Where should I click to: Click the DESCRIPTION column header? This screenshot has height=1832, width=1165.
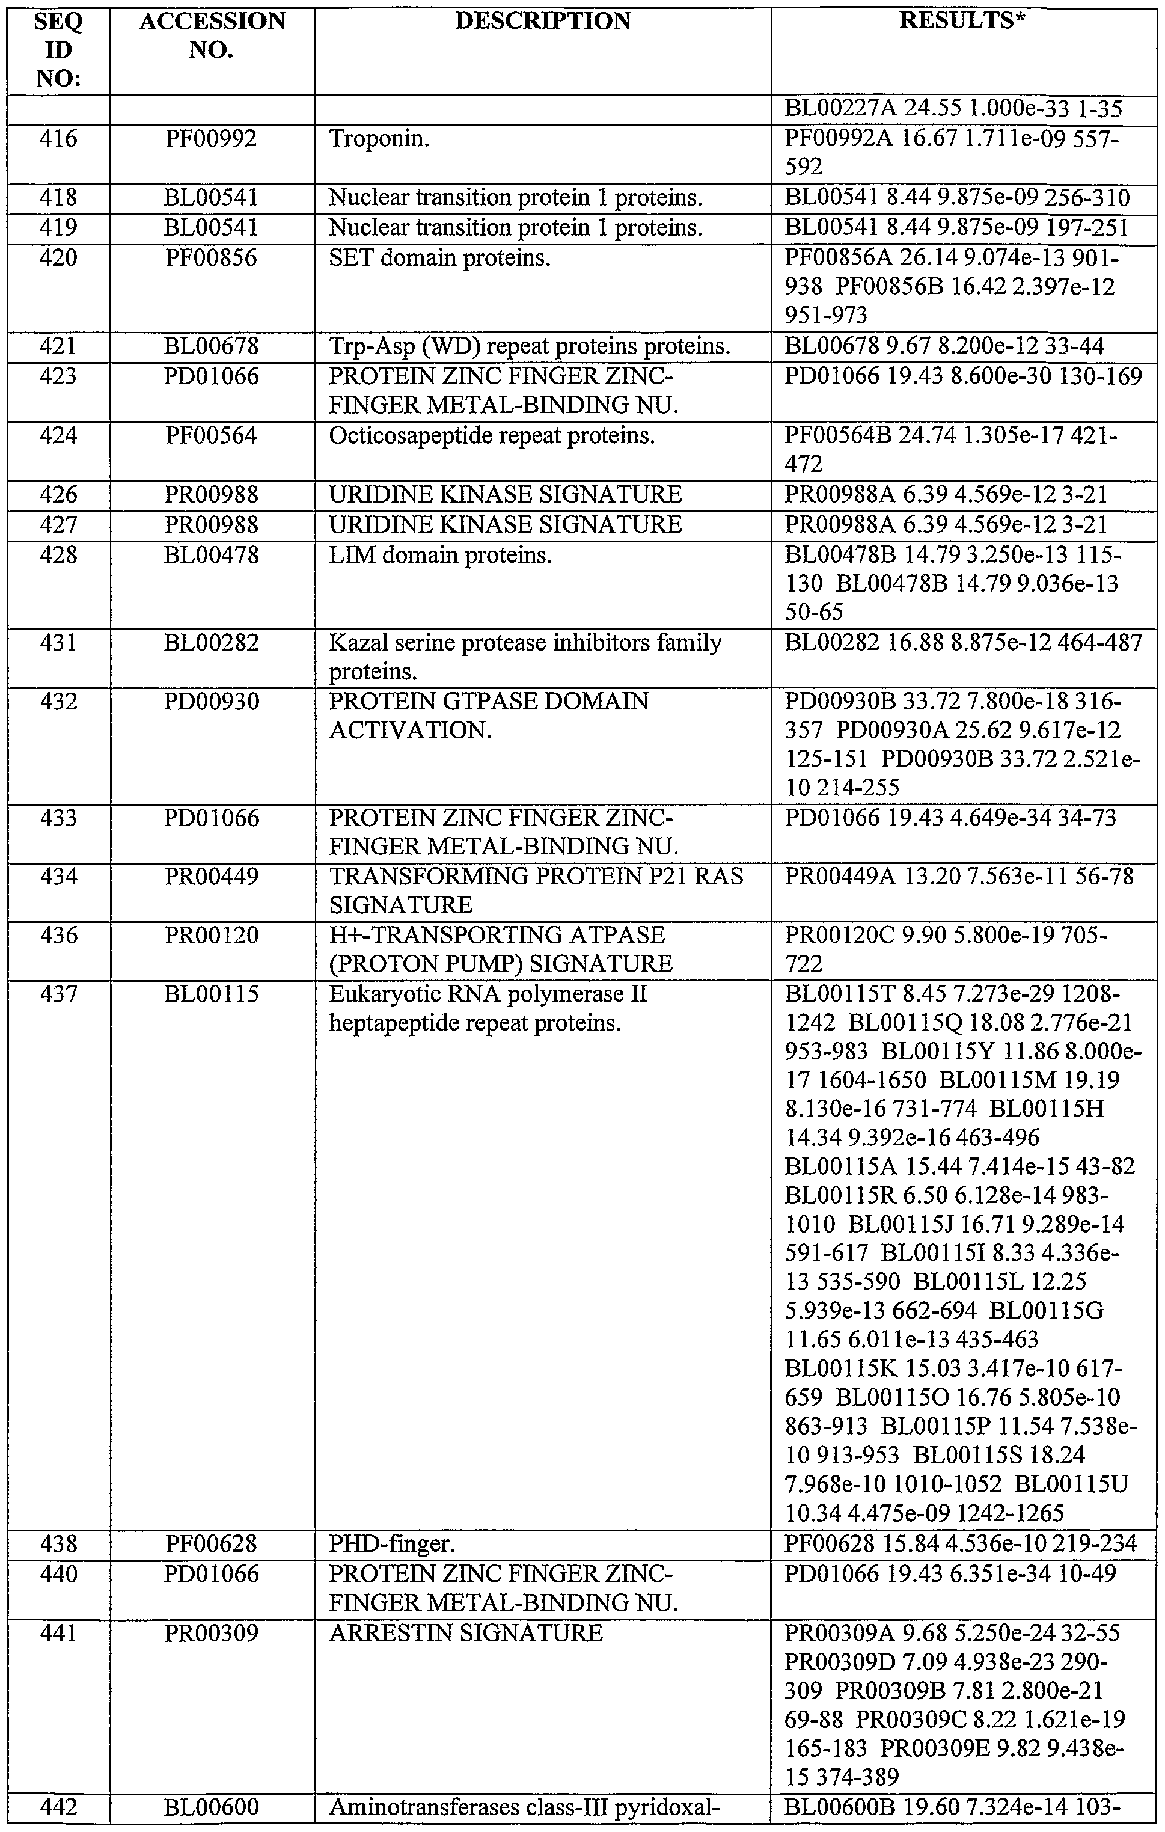[x=542, y=21]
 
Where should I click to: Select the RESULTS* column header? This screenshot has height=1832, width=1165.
[x=961, y=21]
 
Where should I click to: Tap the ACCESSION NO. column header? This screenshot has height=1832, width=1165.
[x=212, y=35]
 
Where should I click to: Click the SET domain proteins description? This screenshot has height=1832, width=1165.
[x=439, y=258]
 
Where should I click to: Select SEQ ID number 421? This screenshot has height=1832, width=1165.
[x=58, y=346]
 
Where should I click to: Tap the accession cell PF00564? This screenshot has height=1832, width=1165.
[x=212, y=435]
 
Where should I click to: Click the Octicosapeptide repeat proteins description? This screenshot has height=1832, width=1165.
[x=491, y=435]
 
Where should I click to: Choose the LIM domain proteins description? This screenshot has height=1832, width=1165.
[x=440, y=554]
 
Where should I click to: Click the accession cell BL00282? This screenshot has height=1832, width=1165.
[x=212, y=643]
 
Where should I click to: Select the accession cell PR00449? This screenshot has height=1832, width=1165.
[x=212, y=877]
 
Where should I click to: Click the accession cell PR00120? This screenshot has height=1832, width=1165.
[x=212, y=935]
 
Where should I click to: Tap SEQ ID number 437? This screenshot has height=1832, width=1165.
[x=58, y=994]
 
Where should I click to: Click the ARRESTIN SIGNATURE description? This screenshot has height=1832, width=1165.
[x=465, y=1632]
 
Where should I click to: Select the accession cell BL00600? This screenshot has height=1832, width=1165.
[x=212, y=1816]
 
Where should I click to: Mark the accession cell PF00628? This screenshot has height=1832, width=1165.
[x=212, y=1543]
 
